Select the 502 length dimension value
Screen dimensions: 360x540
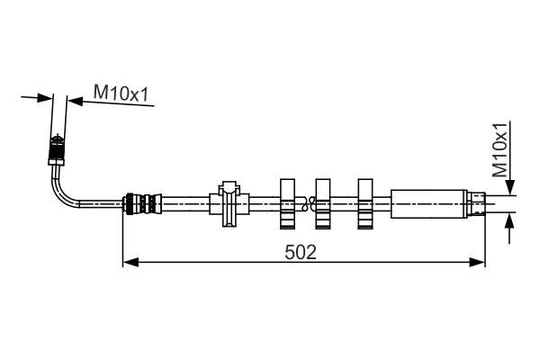click(x=300, y=252)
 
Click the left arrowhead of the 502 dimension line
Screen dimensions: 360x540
click(x=129, y=262)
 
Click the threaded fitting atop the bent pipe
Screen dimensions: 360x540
click(x=58, y=150)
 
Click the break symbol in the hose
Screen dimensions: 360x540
click(x=307, y=204)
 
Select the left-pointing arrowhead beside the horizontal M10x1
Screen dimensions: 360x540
click(x=76, y=102)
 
